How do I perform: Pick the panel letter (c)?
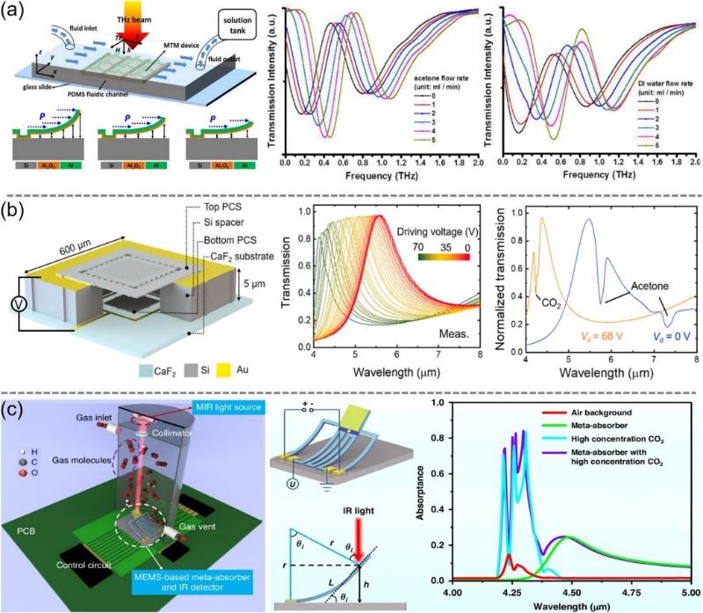[x=15, y=406]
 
